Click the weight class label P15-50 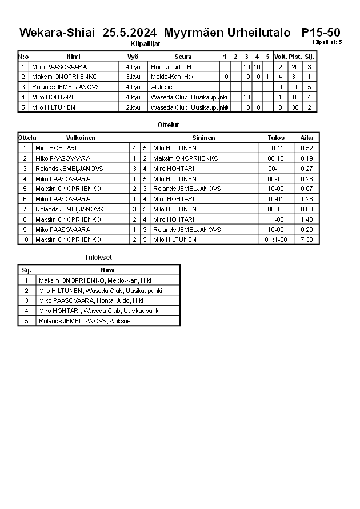(x=321, y=33)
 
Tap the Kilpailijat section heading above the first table (x=145, y=43)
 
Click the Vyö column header (x=133, y=57)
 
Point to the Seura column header (x=183, y=57)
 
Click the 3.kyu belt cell (x=133, y=77)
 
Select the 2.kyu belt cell (x=133, y=107)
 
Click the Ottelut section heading (x=168, y=125)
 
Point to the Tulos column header (x=276, y=138)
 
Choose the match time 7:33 (x=307, y=239)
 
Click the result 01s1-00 (x=276, y=239)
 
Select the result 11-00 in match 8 (x=276, y=219)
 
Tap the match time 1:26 (x=307, y=199)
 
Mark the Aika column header (x=307, y=138)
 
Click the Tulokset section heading (x=98, y=258)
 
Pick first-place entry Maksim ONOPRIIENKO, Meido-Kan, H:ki (x=94, y=280)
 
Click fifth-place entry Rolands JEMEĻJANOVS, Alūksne (x=84, y=321)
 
